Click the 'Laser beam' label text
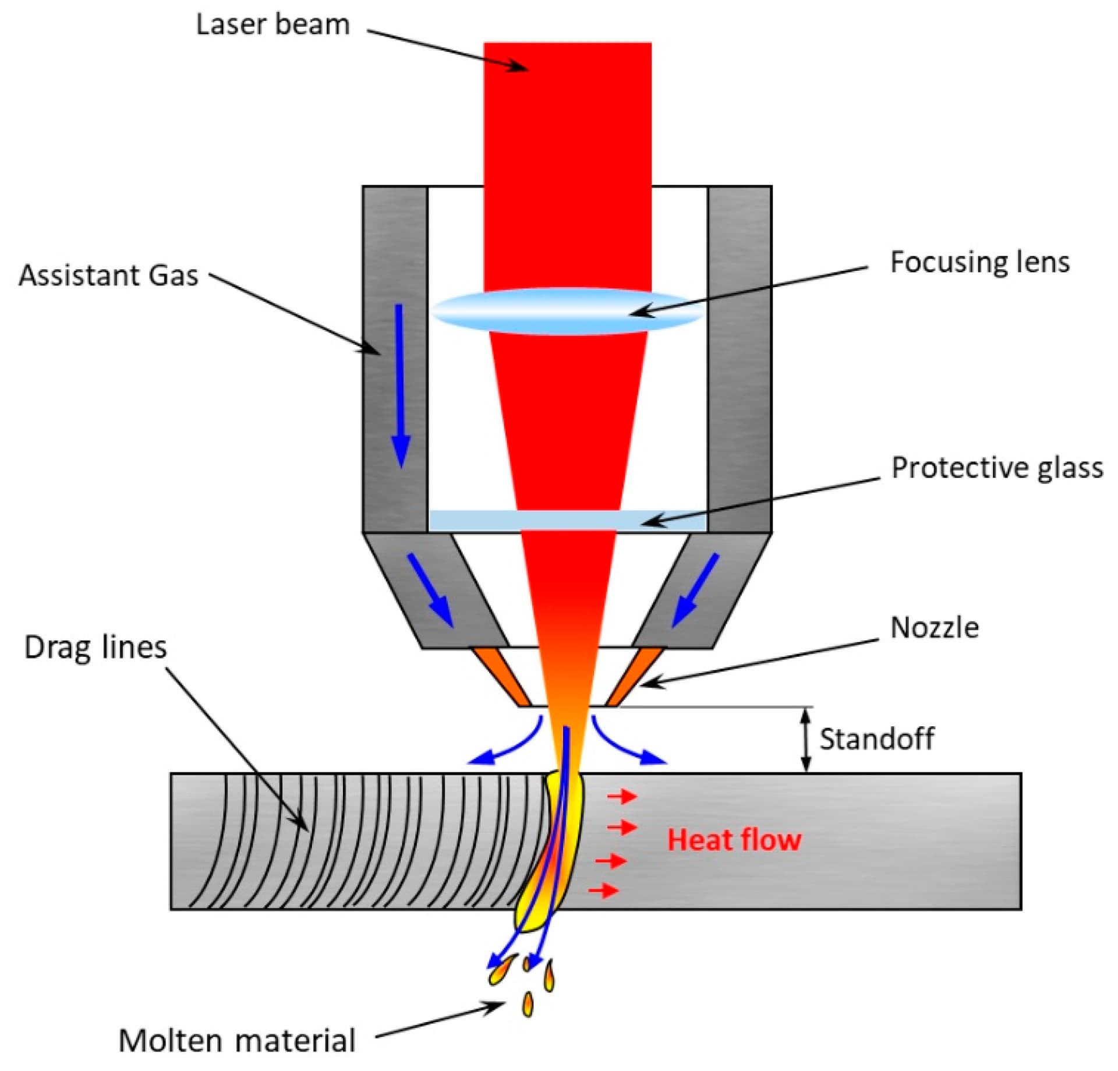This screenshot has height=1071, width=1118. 273,24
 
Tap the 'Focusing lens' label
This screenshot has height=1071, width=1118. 979,262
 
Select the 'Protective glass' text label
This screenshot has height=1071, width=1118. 997,468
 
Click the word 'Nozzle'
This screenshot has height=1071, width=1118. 934,628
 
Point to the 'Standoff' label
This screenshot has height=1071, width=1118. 876,739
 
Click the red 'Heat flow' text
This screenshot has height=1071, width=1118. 734,840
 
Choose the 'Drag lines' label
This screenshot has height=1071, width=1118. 95,647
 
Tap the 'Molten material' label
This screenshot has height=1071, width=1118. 236,1041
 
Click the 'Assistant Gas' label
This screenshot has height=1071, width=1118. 108,275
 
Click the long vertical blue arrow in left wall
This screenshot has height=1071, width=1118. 400,384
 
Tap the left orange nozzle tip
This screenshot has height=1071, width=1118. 501,676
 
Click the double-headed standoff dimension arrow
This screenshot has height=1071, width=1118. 806,740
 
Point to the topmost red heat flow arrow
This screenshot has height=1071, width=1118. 622,796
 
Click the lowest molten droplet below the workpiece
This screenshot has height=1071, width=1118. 528,1003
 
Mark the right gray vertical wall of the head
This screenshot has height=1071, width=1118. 740,359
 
